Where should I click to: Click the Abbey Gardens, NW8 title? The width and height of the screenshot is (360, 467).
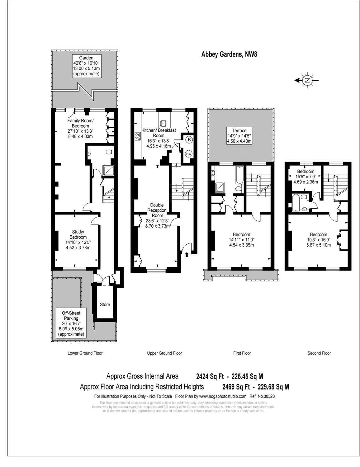[x=229, y=54]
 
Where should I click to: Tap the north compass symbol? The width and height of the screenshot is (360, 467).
[x=307, y=80]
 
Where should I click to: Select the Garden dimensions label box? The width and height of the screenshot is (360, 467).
[x=87, y=66]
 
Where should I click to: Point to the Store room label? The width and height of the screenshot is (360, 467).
[x=105, y=304]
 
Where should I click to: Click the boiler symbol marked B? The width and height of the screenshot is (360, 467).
[x=189, y=140]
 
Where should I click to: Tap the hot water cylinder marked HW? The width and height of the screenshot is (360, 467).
[x=189, y=154]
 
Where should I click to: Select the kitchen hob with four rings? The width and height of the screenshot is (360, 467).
[x=138, y=136]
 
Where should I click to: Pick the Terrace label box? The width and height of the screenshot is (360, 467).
[x=239, y=136]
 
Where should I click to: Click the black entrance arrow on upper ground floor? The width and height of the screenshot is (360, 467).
[x=187, y=255]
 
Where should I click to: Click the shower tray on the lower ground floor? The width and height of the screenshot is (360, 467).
[x=108, y=170]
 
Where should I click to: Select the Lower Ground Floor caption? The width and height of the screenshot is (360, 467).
[x=85, y=353]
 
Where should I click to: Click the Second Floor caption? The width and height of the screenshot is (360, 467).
[x=319, y=353]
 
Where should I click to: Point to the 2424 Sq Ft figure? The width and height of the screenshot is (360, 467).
[x=210, y=376]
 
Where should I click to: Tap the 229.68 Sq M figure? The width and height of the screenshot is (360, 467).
[x=273, y=387]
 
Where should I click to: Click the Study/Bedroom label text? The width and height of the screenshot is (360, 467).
[x=78, y=234]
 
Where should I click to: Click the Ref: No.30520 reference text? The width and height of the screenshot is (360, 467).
[x=262, y=396]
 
